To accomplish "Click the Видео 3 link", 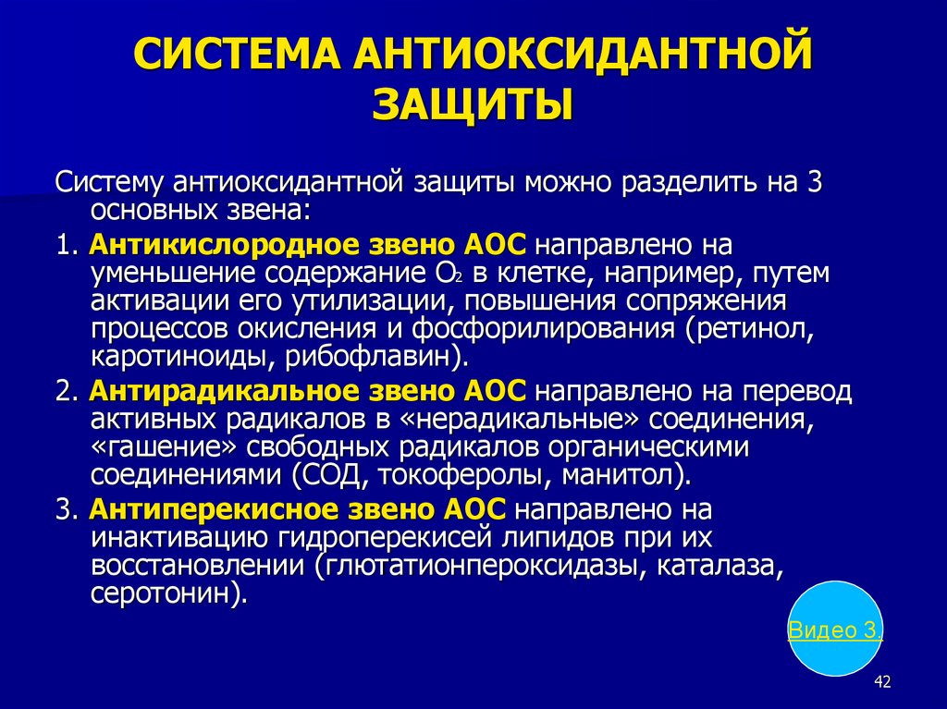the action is click(835, 630).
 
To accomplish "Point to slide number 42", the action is click(882, 682).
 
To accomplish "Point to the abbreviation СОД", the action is click(329, 475).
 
